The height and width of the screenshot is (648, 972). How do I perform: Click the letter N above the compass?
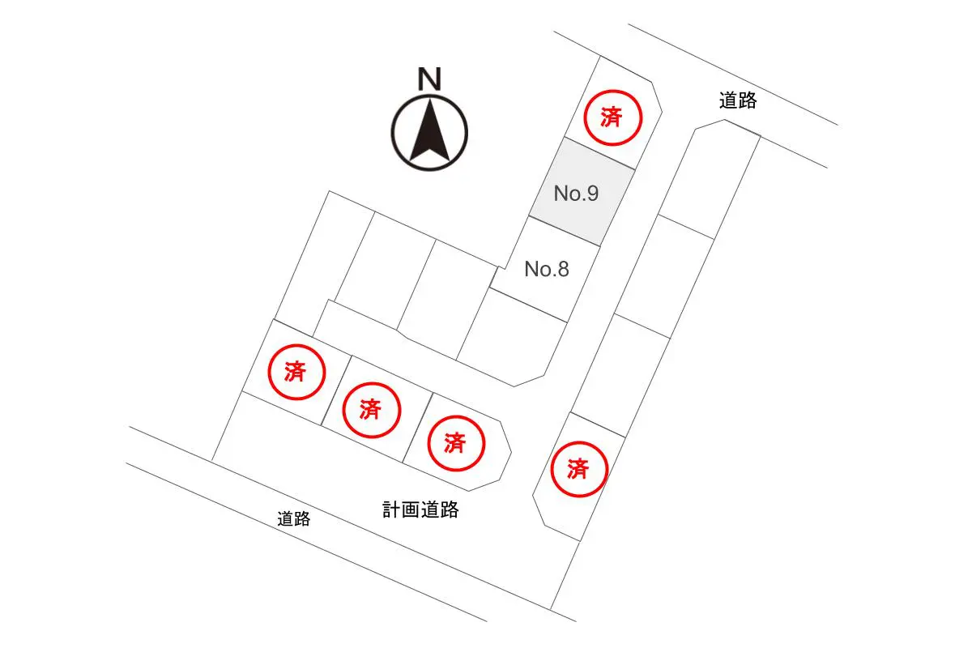click(x=429, y=79)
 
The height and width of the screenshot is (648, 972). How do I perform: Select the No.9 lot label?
click(x=576, y=193)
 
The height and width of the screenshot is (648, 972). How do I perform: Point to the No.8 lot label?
click(x=547, y=269)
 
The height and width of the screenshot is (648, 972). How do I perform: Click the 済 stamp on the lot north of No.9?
click(x=612, y=117)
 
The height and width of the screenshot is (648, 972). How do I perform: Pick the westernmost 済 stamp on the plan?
click(x=296, y=372)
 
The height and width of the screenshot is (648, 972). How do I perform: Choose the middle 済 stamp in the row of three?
click(x=371, y=410)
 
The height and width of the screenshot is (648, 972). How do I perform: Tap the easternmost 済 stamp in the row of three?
click(x=456, y=443)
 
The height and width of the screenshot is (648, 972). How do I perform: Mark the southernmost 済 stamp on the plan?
click(x=579, y=469)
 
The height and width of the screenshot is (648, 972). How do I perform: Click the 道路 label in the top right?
click(x=738, y=100)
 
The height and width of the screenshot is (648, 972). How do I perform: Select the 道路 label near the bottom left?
click(x=294, y=518)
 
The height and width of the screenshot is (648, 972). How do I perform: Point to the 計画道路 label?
click(x=420, y=509)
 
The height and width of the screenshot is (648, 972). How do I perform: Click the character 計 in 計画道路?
click(x=391, y=509)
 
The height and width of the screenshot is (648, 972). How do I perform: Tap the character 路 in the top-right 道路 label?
click(x=748, y=100)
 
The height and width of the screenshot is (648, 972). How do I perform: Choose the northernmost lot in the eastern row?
click(x=710, y=179)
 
